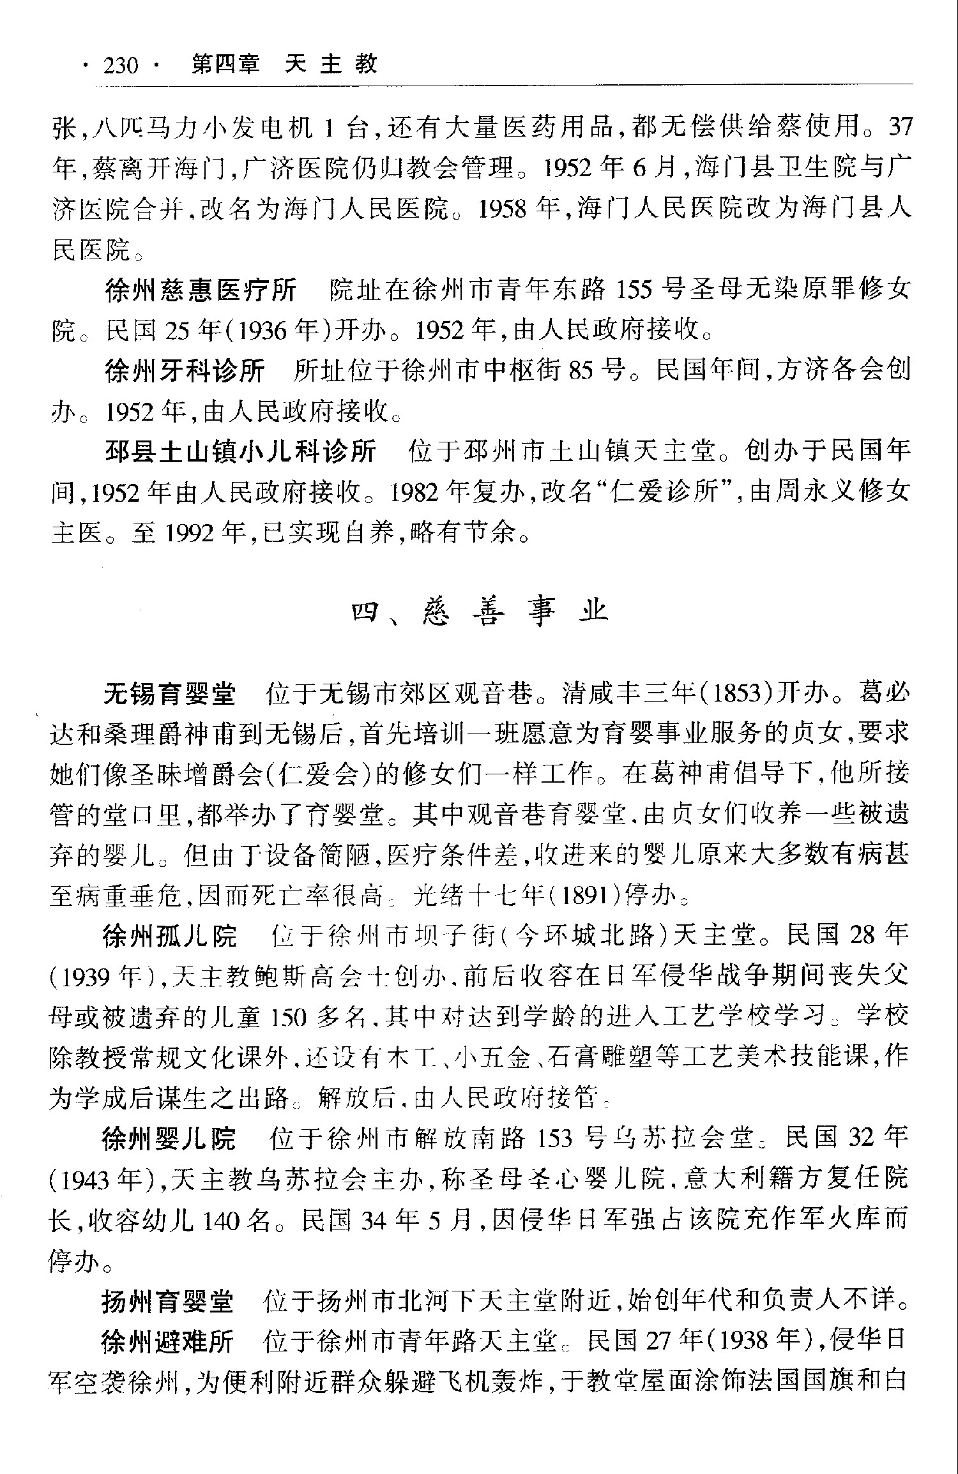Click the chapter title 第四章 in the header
(226, 64)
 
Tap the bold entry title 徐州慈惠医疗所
(201, 290)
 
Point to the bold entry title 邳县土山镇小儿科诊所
(240, 451)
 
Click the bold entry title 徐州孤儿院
(169, 936)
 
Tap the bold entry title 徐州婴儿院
(169, 1139)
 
